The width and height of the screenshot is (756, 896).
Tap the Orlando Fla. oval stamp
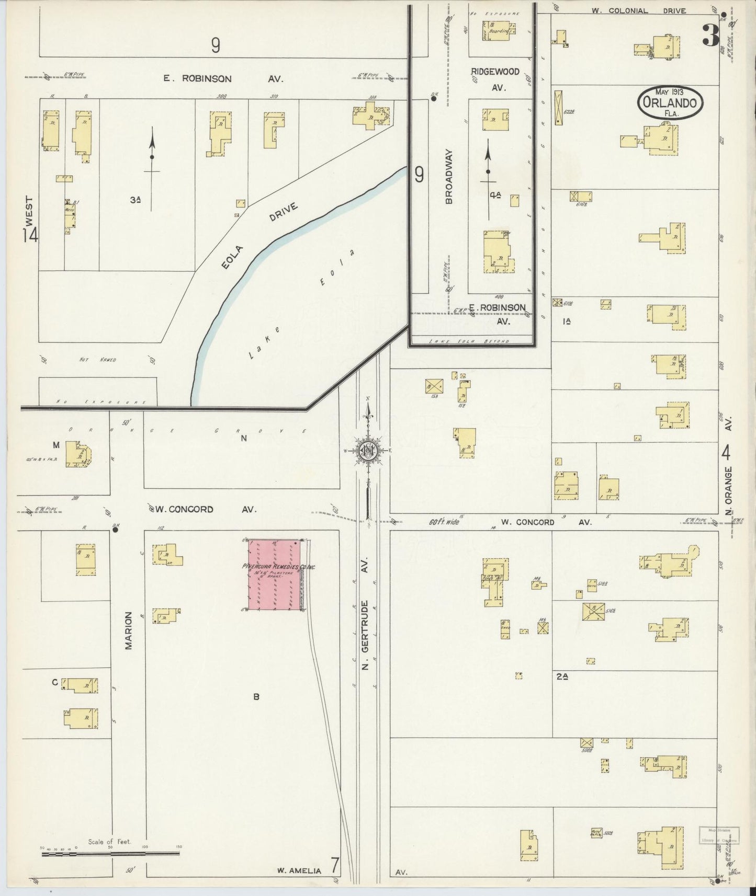click(670, 102)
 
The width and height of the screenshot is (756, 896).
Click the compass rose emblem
click(368, 450)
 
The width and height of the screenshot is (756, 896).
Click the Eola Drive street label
click(258, 235)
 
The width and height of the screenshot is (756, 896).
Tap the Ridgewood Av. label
click(495, 79)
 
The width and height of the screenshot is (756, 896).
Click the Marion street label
click(129, 630)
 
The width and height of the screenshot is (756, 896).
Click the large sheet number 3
click(710, 36)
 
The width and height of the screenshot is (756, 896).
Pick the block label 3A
click(136, 199)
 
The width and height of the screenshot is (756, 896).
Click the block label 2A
click(562, 676)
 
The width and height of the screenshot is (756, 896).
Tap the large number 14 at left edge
click(30, 235)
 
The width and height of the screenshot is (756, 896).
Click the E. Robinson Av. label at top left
click(223, 79)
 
